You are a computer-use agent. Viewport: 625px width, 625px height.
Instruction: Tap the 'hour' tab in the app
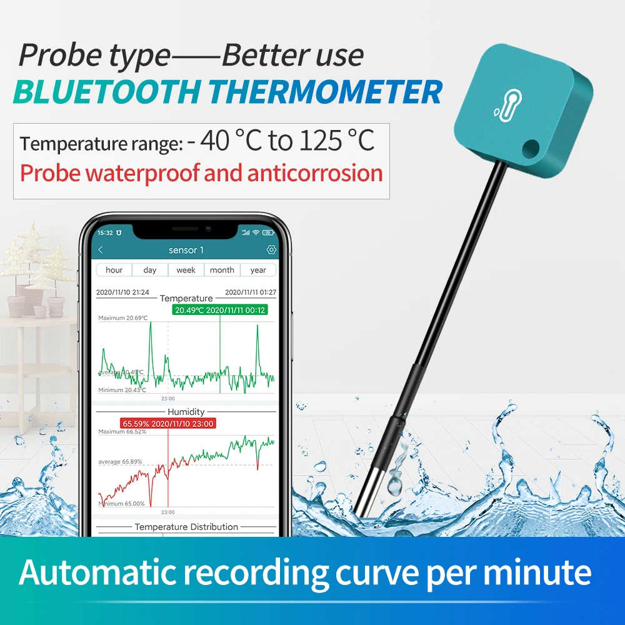point(114,270)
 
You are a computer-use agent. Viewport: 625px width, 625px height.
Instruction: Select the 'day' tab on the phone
point(150,270)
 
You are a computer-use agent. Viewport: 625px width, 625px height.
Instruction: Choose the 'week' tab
point(186,270)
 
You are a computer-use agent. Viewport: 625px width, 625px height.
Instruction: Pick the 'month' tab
point(222,270)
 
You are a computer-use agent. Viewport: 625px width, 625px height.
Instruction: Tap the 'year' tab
point(258,270)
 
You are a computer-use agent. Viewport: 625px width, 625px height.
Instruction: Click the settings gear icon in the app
point(271,250)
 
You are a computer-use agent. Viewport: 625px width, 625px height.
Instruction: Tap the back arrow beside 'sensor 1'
point(101,250)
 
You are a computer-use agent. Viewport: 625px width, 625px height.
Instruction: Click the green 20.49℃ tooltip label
point(220,310)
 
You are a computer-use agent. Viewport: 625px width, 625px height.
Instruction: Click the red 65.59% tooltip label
point(167,424)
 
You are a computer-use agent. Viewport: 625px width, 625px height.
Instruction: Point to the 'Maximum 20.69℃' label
point(123,318)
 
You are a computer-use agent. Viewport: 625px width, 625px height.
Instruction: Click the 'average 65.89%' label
point(120,462)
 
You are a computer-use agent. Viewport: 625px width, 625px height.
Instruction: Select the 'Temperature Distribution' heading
point(186,527)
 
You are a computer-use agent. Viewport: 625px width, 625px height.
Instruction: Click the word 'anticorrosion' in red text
point(315,173)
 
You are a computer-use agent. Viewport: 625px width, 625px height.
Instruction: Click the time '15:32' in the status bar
point(105,232)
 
